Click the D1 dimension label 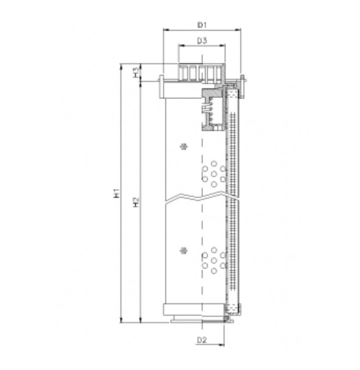click(202, 24)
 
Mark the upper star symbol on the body click(185, 147)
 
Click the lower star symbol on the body click(185, 250)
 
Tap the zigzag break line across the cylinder click(201, 198)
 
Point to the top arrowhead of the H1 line click(121, 66)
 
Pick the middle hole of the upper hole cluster click(214, 174)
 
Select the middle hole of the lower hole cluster click(214, 260)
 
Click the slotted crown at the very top click(201, 72)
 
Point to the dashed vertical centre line click(202, 226)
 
